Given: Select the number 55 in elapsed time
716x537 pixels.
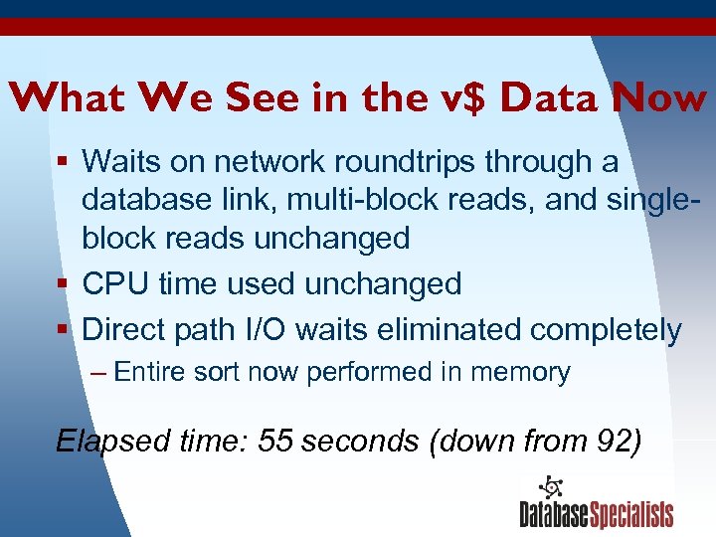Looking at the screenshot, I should [x=274, y=441].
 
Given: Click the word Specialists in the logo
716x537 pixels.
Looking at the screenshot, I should [x=631, y=514].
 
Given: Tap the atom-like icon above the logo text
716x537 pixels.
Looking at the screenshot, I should [x=550, y=486].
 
